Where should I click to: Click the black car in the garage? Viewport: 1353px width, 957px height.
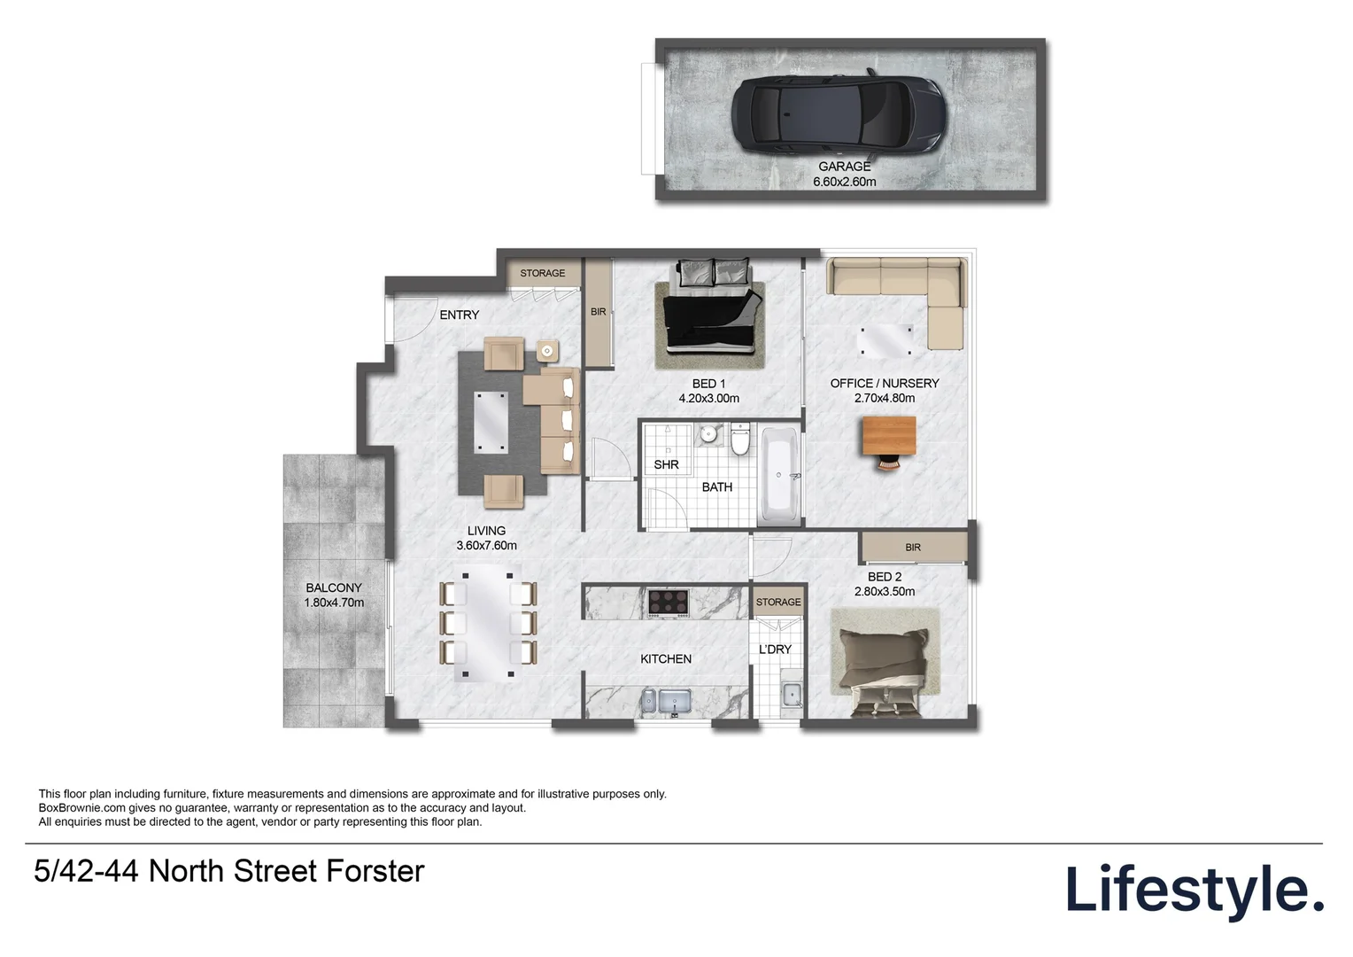(839, 113)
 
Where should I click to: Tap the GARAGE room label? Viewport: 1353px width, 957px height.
(844, 167)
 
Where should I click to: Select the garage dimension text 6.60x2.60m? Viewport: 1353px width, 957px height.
(844, 182)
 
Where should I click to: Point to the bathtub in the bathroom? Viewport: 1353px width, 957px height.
(779, 477)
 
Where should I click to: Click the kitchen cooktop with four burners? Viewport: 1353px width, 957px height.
(668, 603)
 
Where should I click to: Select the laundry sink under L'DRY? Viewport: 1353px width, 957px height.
(791, 696)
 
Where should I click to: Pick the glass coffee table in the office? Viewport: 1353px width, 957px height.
(885, 341)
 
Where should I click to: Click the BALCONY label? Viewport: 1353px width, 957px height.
(334, 587)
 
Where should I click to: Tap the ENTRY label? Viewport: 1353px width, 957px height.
(459, 315)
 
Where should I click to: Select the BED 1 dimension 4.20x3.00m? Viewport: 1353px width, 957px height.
(708, 399)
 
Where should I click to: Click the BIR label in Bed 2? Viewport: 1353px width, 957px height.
(913, 548)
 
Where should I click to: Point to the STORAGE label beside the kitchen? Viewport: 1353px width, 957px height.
(777, 603)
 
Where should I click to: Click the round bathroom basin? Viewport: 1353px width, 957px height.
(708, 435)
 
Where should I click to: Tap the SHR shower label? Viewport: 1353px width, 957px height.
(666, 464)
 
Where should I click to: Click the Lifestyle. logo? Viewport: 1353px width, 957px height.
(1194, 890)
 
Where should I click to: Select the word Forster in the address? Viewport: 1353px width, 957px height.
(375, 872)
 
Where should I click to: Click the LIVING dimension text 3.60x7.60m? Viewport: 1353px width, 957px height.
(486, 546)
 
